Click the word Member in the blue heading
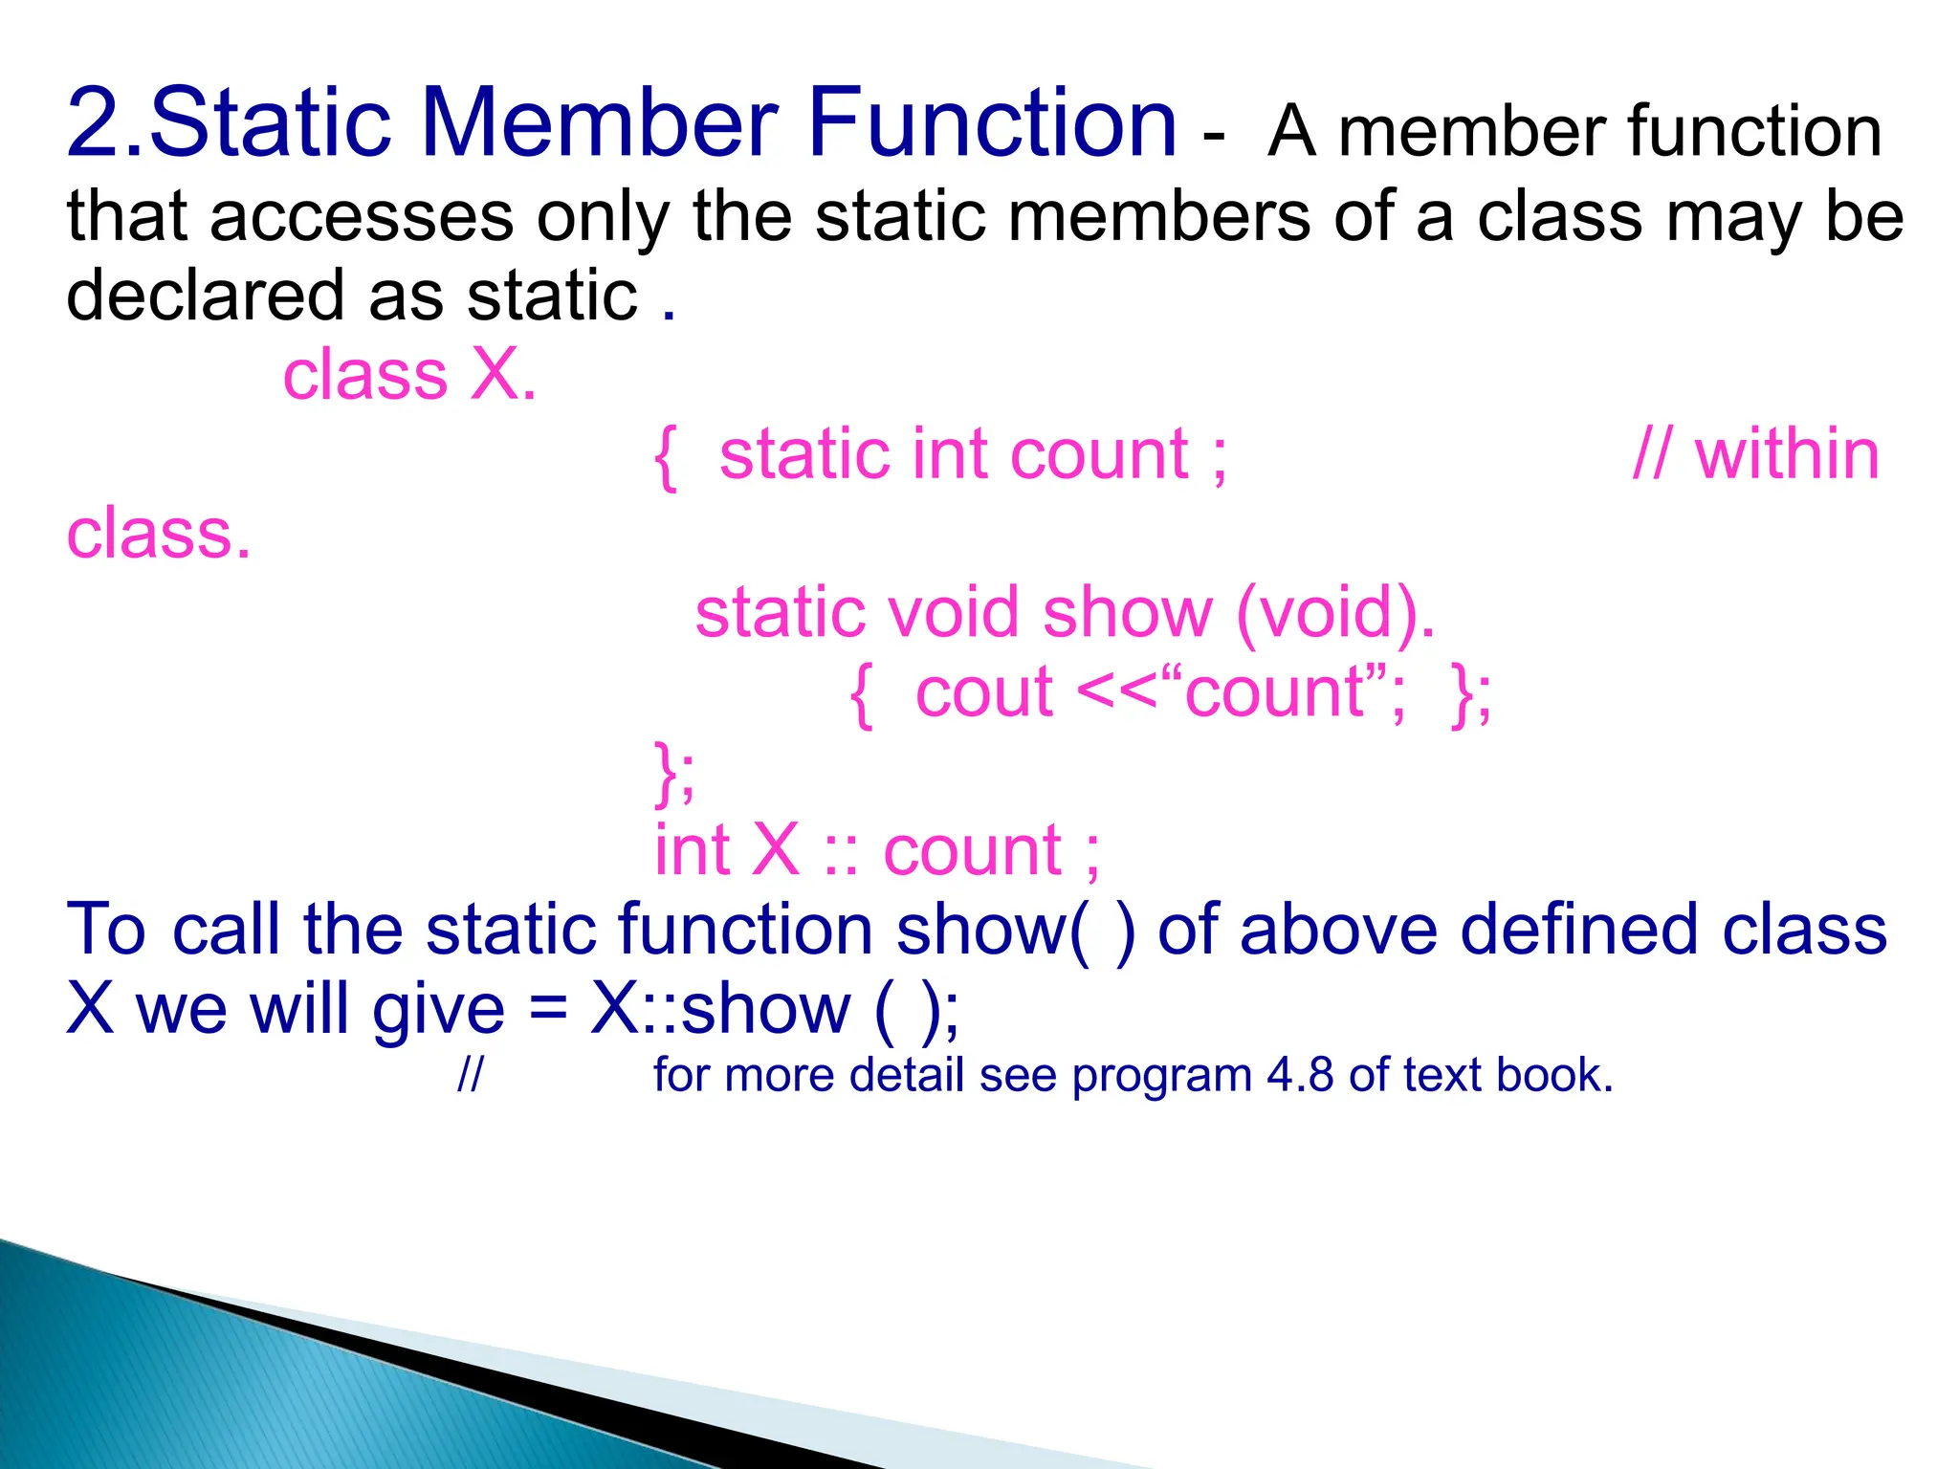(x=599, y=123)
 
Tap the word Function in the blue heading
(x=992, y=123)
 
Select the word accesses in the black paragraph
(x=362, y=217)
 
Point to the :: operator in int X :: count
(x=841, y=850)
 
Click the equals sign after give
(x=548, y=1009)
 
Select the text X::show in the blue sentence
(x=719, y=1009)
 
